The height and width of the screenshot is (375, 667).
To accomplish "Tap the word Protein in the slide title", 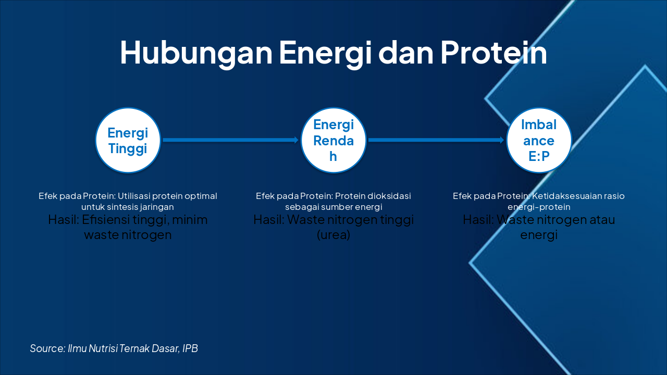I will point(493,53).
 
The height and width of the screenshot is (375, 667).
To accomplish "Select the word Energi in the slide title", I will point(323,53).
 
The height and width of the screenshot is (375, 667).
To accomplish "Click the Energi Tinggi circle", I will point(128,140).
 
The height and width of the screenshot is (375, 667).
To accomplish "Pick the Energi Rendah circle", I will point(333,140).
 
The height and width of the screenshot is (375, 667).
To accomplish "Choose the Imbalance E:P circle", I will point(539,140).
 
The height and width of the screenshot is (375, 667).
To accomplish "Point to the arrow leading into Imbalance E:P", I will point(436,140).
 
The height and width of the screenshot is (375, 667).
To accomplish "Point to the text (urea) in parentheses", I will point(333,235).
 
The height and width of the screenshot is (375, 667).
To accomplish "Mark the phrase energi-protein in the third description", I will point(539,207).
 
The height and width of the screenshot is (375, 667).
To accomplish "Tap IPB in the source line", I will point(190,348).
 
